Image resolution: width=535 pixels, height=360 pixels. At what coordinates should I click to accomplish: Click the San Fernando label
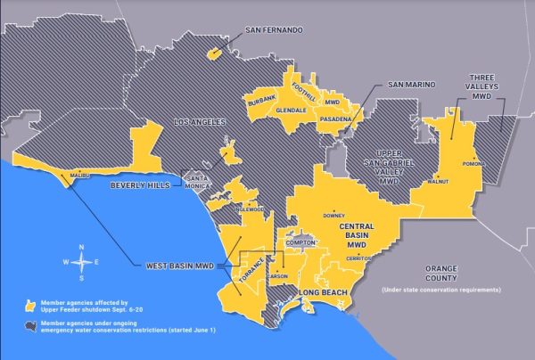[274, 30]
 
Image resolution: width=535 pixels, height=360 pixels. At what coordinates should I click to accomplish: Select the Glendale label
[291, 110]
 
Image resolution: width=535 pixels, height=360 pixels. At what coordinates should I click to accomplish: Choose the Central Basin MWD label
[361, 235]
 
